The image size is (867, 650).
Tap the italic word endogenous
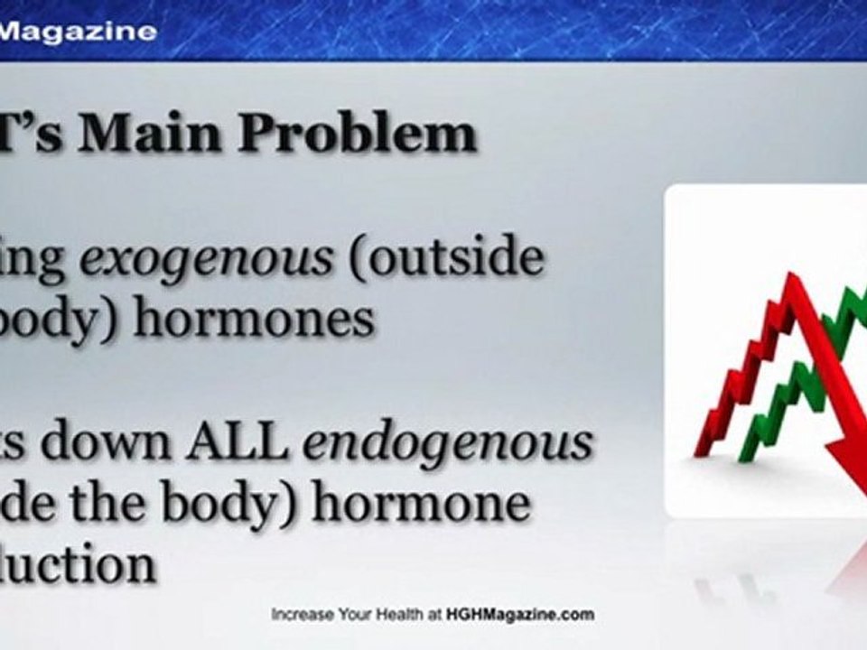click(449, 444)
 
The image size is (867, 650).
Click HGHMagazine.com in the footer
click(519, 615)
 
